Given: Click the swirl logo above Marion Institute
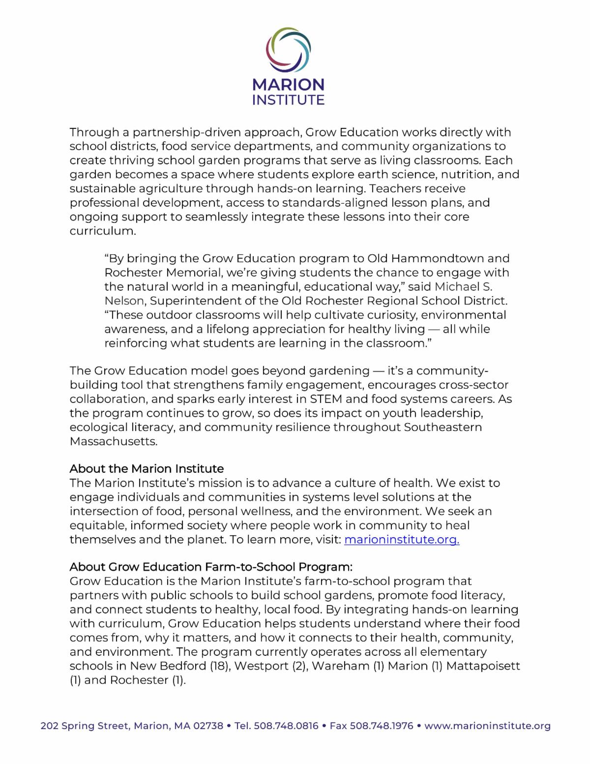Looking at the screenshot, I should [x=288, y=47].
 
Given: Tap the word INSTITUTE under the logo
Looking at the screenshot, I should [x=288, y=100].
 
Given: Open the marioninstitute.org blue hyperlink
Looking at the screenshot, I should [x=402, y=540].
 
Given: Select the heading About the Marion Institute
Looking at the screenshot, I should [x=147, y=468].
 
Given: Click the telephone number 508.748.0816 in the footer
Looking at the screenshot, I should [x=286, y=726].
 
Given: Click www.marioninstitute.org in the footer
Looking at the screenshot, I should [x=487, y=726].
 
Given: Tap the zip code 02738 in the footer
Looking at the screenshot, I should [x=208, y=726].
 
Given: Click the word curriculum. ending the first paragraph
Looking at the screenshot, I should [x=102, y=231].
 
